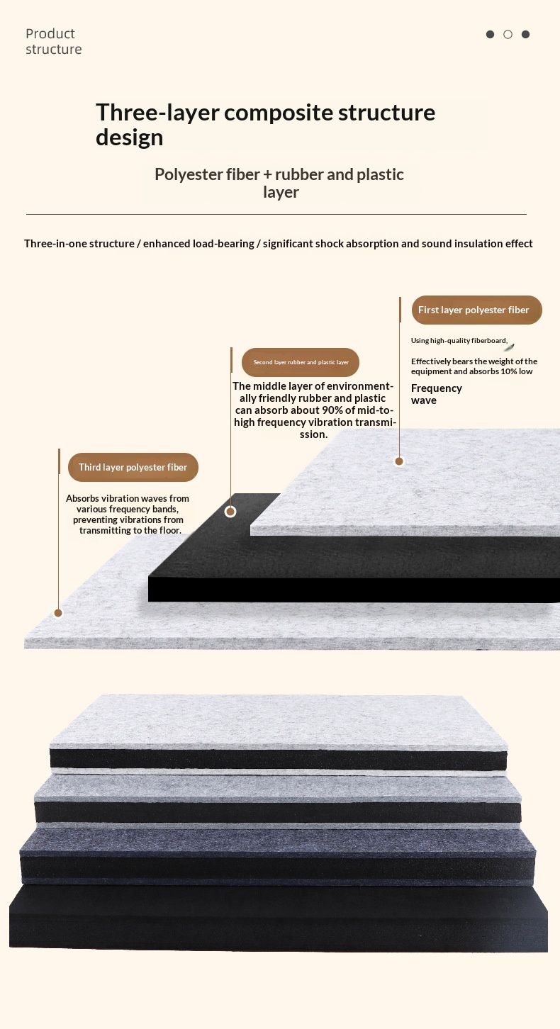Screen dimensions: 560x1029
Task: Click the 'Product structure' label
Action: click(x=53, y=41)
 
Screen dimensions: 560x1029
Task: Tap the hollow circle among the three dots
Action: click(x=508, y=35)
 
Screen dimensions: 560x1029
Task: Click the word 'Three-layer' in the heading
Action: click(x=157, y=113)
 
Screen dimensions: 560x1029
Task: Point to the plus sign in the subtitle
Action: click(x=268, y=175)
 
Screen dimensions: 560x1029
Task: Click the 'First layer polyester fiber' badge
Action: click(x=476, y=310)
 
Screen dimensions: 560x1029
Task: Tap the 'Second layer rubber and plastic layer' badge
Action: click(x=301, y=362)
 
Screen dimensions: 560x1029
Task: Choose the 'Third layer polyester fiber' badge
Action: click(x=133, y=467)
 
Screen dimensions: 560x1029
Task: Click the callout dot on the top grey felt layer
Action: click(x=399, y=461)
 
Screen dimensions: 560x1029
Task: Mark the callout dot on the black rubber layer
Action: click(x=230, y=511)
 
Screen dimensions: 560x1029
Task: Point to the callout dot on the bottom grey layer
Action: click(x=58, y=613)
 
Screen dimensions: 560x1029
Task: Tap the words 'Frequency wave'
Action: click(x=437, y=394)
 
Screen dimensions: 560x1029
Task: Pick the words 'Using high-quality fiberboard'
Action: click(x=459, y=340)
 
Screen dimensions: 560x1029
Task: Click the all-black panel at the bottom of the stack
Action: click(x=279, y=918)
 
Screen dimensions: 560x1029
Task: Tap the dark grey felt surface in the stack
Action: click(x=277, y=840)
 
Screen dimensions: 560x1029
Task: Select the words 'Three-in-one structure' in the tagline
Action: click(x=79, y=244)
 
